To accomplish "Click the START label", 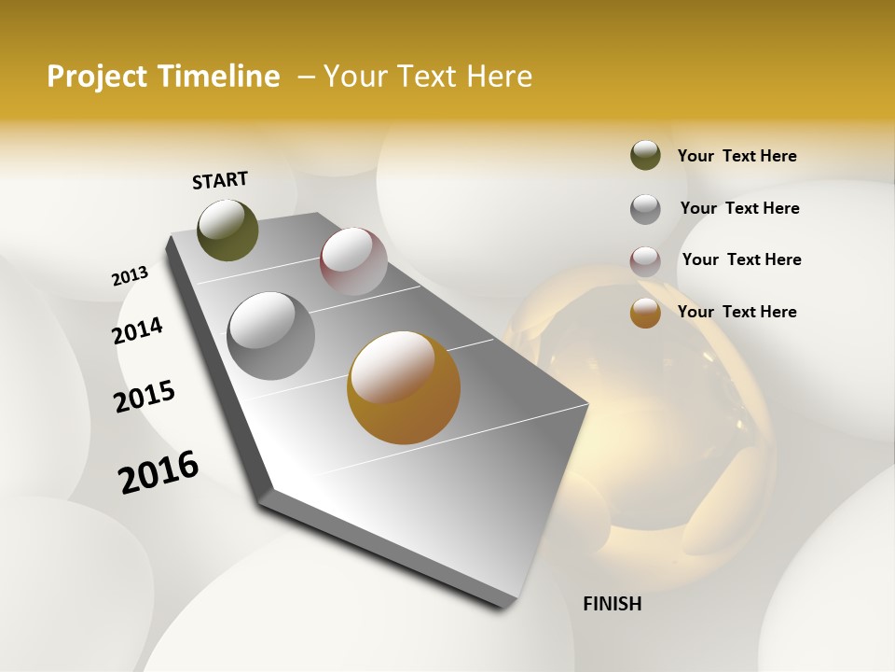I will coord(220,180).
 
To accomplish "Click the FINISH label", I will coord(612,604).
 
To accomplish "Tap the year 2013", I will coord(130,276).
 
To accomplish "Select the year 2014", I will coord(137,331).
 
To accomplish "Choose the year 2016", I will coord(158,472).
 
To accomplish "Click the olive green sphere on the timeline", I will coord(227,231).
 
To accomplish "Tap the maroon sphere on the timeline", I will coord(353,261).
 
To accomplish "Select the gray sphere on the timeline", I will coord(270,336).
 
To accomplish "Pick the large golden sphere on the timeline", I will coord(403,387).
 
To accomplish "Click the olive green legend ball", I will coord(645,156).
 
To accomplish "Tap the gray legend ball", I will coord(645,209).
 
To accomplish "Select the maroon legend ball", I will coord(645,260).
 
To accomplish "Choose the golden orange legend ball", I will coord(645,313).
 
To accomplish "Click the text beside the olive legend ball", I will coord(737,156).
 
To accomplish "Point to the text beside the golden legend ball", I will coord(737,312).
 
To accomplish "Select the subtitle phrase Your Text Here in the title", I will coord(428,77).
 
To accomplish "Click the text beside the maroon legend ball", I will coord(741,259).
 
